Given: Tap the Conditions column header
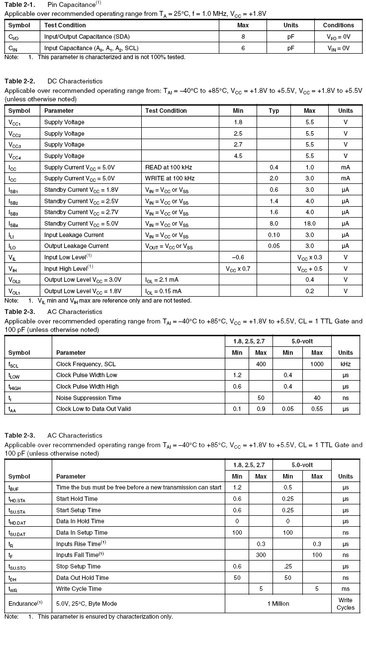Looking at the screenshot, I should pyautogui.click(x=338, y=25).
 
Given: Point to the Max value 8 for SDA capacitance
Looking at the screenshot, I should pyautogui.click(x=243, y=37).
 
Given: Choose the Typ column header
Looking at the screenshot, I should pyautogui.click(x=274, y=111).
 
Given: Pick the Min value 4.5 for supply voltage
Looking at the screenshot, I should pyautogui.click(x=238, y=156).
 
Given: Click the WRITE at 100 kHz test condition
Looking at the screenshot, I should pyautogui.click(x=170, y=178).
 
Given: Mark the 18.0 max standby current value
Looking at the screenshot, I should pyautogui.click(x=309, y=224).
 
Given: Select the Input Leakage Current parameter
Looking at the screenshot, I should pyautogui.click(x=74, y=235).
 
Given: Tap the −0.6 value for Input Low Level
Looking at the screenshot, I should pyautogui.click(x=238, y=257).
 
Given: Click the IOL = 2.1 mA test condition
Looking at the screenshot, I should pyautogui.click(x=163, y=280).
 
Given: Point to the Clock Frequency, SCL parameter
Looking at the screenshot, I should pyautogui.click(x=86, y=364).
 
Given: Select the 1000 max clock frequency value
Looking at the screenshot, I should pyautogui.click(x=317, y=364).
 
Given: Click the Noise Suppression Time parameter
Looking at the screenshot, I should pyautogui.click(x=89, y=398).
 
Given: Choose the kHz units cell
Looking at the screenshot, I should pyautogui.click(x=346, y=364).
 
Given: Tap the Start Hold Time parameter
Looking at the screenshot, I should pyautogui.click(x=77, y=499).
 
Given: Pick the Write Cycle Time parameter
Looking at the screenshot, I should pyautogui.click(x=79, y=589).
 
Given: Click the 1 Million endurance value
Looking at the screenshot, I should pyautogui.click(x=278, y=604).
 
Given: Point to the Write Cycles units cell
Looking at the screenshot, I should pyautogui.click(x=346, y=604).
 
